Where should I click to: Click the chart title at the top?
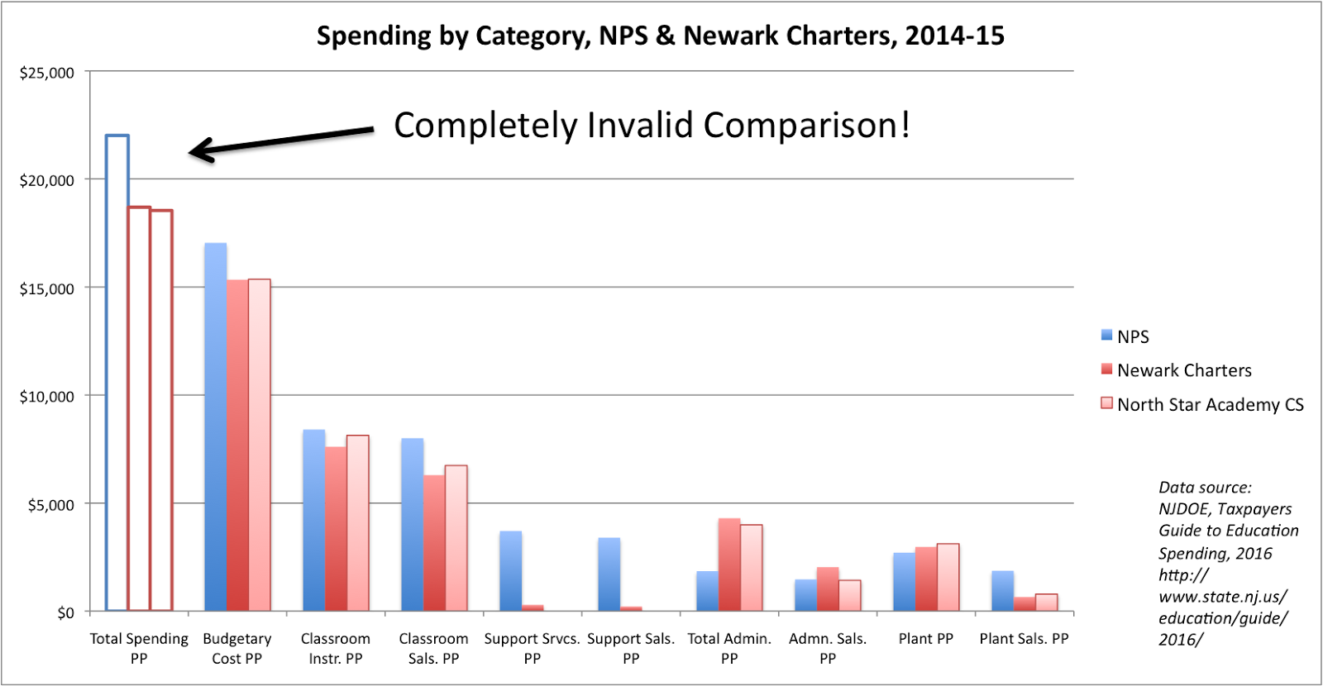660,36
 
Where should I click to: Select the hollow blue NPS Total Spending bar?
117,372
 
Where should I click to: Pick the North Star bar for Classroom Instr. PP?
358,523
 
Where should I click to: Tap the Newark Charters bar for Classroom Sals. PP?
434,543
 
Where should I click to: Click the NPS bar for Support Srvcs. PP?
510,571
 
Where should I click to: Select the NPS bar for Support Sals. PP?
609,574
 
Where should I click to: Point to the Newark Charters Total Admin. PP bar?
729,565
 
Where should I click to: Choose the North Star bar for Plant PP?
948,578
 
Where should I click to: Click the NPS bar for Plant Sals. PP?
1002,591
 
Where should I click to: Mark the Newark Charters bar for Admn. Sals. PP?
828,589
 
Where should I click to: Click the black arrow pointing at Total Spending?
281,141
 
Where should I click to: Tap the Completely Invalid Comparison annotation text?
652,126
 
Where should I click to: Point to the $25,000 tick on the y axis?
47,73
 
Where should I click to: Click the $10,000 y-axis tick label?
47,397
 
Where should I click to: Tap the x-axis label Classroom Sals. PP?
433,648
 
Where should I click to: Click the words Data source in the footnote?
1205,488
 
